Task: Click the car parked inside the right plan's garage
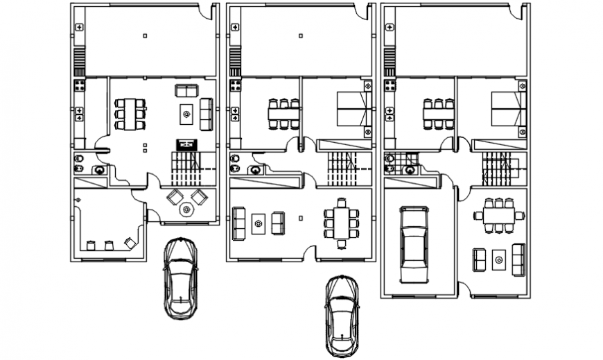click(x=414, y=245)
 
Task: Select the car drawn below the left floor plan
click(x=180, y=277)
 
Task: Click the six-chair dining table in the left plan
click(x=130, y=114)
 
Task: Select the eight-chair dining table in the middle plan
click(x=340, y=223)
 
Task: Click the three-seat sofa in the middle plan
click(x=239, y=223)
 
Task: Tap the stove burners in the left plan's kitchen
click(x=80, y=87)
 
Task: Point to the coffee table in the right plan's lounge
click(x=498, y=260)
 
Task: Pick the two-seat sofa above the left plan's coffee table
click(x=186, y=90)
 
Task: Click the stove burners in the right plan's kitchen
click(x=391, y=87)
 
